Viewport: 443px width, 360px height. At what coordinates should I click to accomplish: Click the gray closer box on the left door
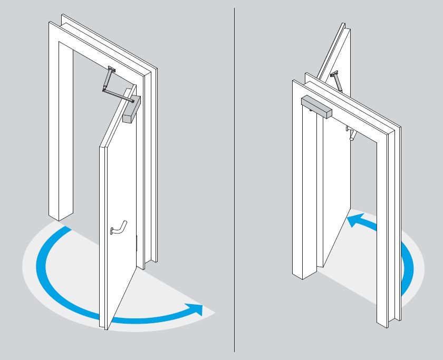131,109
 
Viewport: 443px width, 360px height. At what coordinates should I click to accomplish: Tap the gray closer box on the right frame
316,106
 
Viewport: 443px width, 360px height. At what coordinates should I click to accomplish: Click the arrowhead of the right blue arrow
353,220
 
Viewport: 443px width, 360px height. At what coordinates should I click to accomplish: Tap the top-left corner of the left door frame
51,23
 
